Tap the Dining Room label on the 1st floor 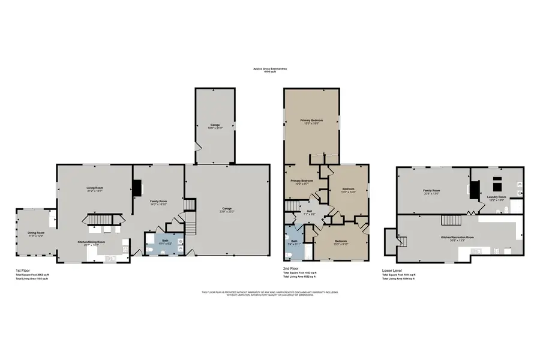[x=36, y=233]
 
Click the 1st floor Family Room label [x=158, y=202]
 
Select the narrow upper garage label [x=215, y=127]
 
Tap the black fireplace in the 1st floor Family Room [x=137, y=189]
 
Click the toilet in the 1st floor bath [x=180, y=242]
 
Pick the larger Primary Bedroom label [x=311, y=122]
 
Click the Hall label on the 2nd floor [x=310, y=212]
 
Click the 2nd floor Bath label [x=293, y=243]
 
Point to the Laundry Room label [x=497, y=198]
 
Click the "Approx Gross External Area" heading [x=270, y=69]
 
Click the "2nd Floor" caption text [x=291, y=268]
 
